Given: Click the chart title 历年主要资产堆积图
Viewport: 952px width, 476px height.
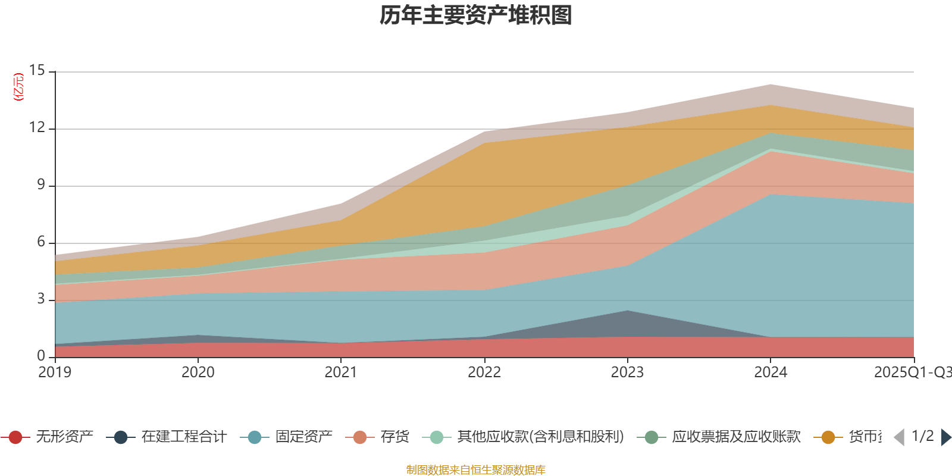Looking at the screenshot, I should click(x=476, y=15).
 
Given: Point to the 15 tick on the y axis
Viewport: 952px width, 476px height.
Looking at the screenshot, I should click(x=37, y=71).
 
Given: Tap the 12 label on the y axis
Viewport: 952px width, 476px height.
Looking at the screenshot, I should click(x=37, y=127).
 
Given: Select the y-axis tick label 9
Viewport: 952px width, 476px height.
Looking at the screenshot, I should click(x=40, y=184).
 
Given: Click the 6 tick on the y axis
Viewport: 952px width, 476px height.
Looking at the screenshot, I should click(x=40, y=242).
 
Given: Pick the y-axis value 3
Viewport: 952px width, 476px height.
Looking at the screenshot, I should click(x=40, y=299).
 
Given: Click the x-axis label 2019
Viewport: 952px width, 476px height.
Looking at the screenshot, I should click(x=55, y=372).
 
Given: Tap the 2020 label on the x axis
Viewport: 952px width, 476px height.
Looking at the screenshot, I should click(x=198, y=372).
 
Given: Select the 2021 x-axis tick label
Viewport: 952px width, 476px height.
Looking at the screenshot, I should click(x=340, y=372).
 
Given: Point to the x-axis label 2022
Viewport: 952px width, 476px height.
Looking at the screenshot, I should click(x=484, y=372).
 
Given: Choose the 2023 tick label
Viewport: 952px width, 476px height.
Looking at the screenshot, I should click(x=627, y=372).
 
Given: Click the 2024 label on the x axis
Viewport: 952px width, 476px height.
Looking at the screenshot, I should click(x=771, y=372).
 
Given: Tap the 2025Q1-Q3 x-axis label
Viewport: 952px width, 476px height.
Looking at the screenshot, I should click(x=912, y=372).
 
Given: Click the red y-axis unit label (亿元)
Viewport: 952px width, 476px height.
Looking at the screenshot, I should click(x=19, y=87).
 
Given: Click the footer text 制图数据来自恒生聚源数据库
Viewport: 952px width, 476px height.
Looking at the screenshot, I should click(x=476, y=470).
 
